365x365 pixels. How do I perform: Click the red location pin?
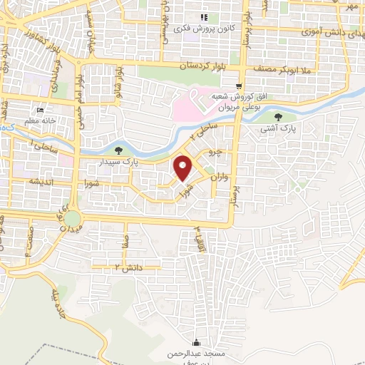click(183, 168)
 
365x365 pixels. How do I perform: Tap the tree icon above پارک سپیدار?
click(118, 150)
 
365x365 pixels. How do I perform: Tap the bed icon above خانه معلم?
click(40, 110)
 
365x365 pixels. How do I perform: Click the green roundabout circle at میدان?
click(72, 217)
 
